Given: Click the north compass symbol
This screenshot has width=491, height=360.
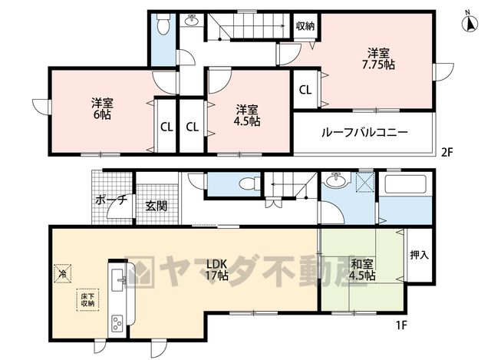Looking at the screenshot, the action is coord(470,21).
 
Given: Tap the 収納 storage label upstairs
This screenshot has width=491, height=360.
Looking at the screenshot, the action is coord(305,26).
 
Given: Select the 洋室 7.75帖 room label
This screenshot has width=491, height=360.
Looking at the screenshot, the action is coord(378,58).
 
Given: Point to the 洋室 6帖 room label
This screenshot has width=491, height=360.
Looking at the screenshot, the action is coord(102,109).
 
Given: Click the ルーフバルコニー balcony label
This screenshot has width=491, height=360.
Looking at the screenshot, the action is coord(364,132).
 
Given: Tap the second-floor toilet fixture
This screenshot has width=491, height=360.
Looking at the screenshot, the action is coord(163,24).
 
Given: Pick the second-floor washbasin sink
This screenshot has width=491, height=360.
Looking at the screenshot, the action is coord(191,21).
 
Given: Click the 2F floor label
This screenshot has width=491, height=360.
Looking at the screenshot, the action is coord(447,152).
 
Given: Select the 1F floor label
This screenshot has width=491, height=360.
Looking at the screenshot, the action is coord(401,325).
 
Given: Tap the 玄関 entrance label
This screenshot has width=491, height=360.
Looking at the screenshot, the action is coord(157,206).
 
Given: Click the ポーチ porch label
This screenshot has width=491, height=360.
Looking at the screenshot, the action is coord(111,200).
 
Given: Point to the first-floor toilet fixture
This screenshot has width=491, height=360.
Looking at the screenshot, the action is coord(249,184).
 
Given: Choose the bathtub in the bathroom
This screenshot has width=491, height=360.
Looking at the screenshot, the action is coord(406,184).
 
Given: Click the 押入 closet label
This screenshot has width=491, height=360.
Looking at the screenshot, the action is coord(420,255).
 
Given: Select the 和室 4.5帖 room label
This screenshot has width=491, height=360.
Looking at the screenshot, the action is coord(362,269).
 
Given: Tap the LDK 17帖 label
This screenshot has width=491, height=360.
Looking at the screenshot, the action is coord(216,269).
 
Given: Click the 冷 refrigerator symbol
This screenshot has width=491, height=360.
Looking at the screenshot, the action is coord(63,273).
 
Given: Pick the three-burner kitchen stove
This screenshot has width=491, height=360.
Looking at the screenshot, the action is coord(117,323).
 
